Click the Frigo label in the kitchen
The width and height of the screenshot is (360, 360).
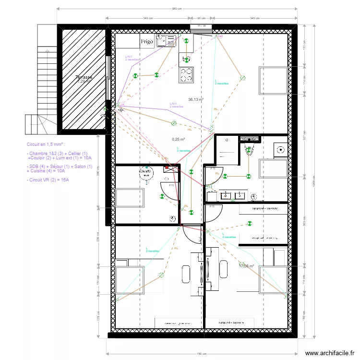pos(147,42)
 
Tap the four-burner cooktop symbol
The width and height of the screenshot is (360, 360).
pos(186,74)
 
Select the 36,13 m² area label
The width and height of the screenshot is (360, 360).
pos(196,100)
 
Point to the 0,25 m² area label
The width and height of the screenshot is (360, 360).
pos(179,140)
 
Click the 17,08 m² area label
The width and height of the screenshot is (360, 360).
pos(247,265)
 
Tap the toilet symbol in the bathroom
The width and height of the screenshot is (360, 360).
pos(249,151)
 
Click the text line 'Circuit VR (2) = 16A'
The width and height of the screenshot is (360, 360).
pos(48,180)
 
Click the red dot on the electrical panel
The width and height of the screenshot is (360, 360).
pos(167,168)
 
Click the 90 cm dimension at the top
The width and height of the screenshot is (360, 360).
pos(201,18)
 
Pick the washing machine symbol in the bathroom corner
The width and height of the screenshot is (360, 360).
pos(279,149)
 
